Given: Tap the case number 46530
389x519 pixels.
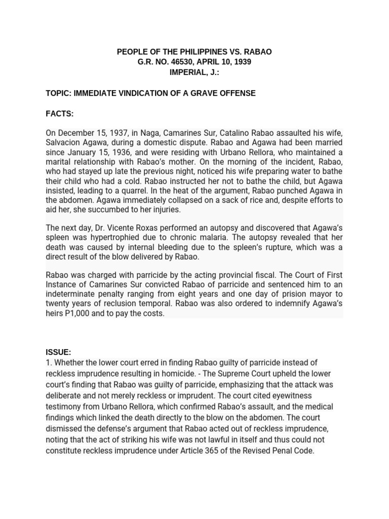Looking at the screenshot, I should point(192,62).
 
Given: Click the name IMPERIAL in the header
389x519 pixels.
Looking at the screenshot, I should point(189,72).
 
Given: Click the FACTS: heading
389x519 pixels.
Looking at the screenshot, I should point(60,114).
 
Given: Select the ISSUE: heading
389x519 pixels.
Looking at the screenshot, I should point(58,352).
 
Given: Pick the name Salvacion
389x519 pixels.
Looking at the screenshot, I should point(64,143).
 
